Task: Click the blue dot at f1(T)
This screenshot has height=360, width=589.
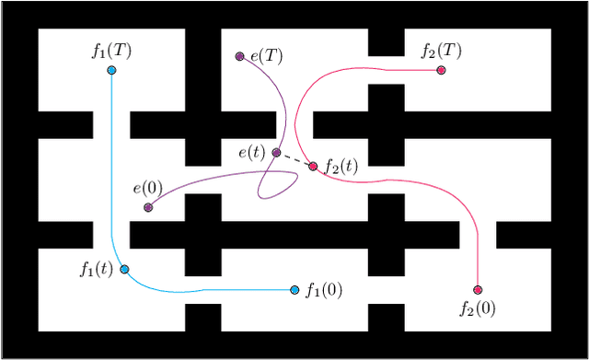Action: (111, 70)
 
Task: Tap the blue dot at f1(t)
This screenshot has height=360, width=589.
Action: (125, 270)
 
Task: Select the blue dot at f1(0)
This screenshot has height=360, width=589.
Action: (294, 290)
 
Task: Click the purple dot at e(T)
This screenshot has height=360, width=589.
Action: (239, 56)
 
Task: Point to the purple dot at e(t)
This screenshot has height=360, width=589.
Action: (276, 153)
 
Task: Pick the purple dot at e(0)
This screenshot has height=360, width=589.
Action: (148, 207)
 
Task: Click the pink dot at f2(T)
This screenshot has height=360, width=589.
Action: (441, 70)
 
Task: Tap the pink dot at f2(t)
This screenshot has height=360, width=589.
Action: (313, 166)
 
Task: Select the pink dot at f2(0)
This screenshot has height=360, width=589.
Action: (477, 290)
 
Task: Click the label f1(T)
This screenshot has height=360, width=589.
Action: (111, 51)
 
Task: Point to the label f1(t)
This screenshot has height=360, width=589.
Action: (97, 270)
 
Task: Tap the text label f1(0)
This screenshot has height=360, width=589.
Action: (324, 290)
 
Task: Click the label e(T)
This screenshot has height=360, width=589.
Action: (266, 56)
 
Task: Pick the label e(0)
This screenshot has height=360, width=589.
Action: (147, 189)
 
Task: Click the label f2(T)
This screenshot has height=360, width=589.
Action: (441, 51)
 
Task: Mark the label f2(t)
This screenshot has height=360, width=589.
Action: (341, 167)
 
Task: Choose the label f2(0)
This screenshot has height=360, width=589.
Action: (477, 308)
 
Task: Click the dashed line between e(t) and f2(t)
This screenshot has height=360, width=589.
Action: (294, 159)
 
